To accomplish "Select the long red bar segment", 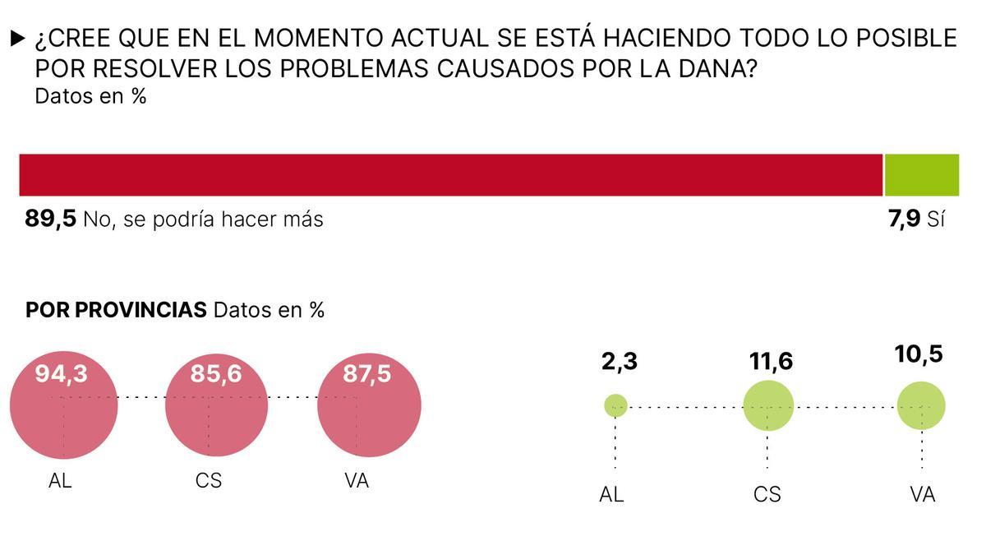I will click(450, 174).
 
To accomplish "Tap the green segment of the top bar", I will click(921, 174).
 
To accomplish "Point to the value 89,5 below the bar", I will click(50, 220).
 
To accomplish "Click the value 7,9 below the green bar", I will click(904, 220).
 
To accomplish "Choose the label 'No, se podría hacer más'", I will click(203, 220).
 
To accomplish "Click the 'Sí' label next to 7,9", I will click(936, 220).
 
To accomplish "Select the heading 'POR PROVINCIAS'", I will click(116, 310).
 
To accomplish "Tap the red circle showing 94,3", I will click(63, 405).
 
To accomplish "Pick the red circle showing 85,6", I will click(216, 405).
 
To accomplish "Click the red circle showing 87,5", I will click(369, 405).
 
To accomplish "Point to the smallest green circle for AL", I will click(615, 405).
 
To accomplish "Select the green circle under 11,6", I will click(768, 405).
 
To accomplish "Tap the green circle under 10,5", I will click(921, 405).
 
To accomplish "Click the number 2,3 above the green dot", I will click(619, 361).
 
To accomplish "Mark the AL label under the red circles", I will click(60, 481).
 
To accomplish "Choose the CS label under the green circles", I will click(767, 494).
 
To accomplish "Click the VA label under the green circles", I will click(922, 494).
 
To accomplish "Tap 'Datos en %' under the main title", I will click(90, 96).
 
